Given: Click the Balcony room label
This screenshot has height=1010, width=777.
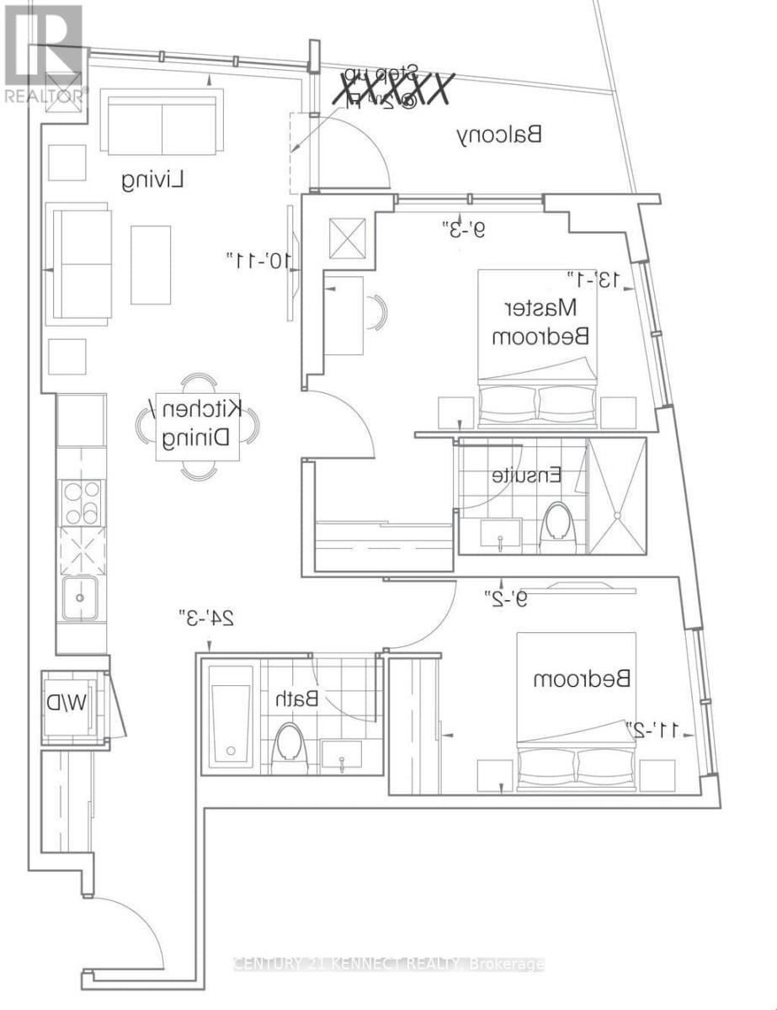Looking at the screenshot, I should (x=499, y=134).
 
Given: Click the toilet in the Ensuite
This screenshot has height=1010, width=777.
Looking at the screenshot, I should (x=556, y=522).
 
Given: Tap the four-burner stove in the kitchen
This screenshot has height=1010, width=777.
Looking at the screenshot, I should (x=82, y=502).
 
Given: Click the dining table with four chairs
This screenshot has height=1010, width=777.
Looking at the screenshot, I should (x=198, y=425).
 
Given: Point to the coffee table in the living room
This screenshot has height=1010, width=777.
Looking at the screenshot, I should (x=151, y=264).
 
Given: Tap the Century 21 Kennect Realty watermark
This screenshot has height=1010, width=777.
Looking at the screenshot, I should (x=388, y=965).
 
